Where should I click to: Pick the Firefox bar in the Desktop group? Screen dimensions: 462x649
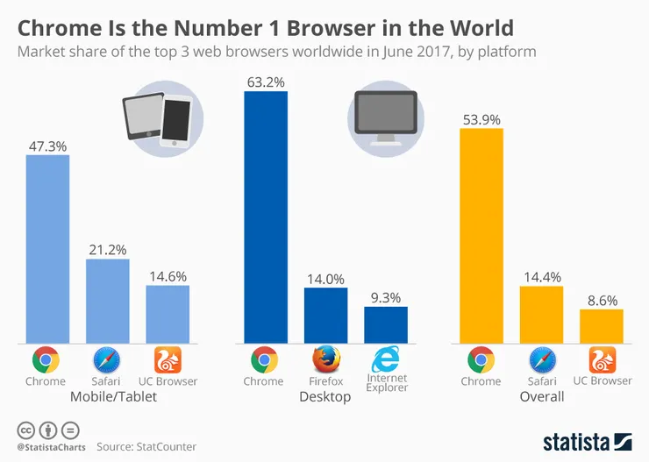coord(325,315)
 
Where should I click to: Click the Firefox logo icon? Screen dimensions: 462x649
coord(325,359)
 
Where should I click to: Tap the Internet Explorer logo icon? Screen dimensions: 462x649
coord(385,359)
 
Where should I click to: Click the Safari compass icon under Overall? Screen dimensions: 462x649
coord(541,359)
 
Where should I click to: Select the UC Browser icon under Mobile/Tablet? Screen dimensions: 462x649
coord(167,359)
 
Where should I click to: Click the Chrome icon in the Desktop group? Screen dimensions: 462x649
coord(264,359)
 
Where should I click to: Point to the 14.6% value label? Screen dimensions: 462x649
coord(167,275)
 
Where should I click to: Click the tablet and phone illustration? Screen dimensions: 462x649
coord(161,119)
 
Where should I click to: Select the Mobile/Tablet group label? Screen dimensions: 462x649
coord(106,397)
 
